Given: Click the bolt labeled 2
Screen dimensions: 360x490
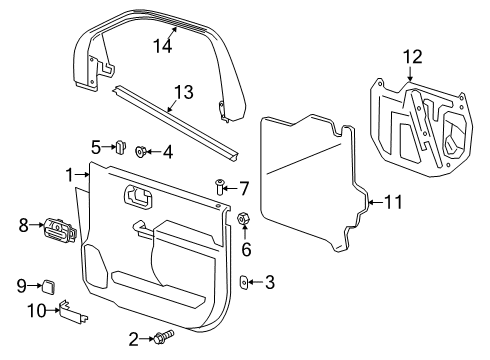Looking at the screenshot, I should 161,339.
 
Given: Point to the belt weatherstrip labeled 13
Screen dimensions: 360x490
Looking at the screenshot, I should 180,122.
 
